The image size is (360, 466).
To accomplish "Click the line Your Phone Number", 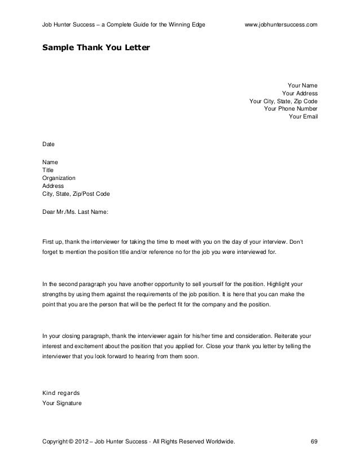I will pyautogui.click(x=291, y=109).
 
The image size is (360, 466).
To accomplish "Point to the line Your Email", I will pyautogui.click(x=303, y=117).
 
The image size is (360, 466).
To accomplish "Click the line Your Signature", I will pyautogui.click(x=62, y=403).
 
